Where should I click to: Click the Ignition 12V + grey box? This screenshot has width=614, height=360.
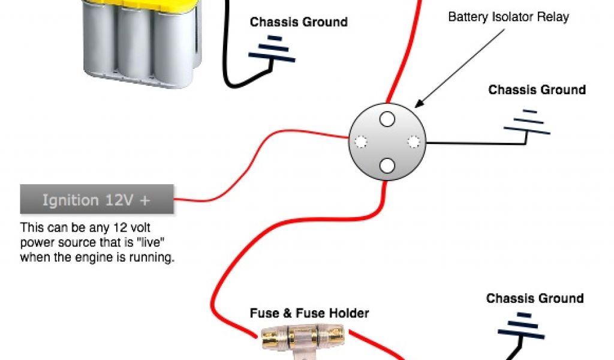[97, 199]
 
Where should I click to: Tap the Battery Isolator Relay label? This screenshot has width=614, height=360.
[508, 17]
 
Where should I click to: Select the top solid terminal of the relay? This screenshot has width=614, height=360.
[387, 119]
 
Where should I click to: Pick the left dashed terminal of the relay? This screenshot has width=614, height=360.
[360, 142]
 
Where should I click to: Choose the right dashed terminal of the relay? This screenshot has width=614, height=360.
[413, 142]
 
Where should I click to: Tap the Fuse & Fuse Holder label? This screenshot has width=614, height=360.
[309, 313]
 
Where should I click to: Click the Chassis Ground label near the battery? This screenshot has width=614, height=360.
[299, 22]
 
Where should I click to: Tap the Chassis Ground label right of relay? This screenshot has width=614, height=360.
[537, 90]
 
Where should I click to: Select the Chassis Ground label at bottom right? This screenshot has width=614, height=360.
[534, 298]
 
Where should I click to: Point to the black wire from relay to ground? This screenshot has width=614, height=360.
[474, 143]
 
